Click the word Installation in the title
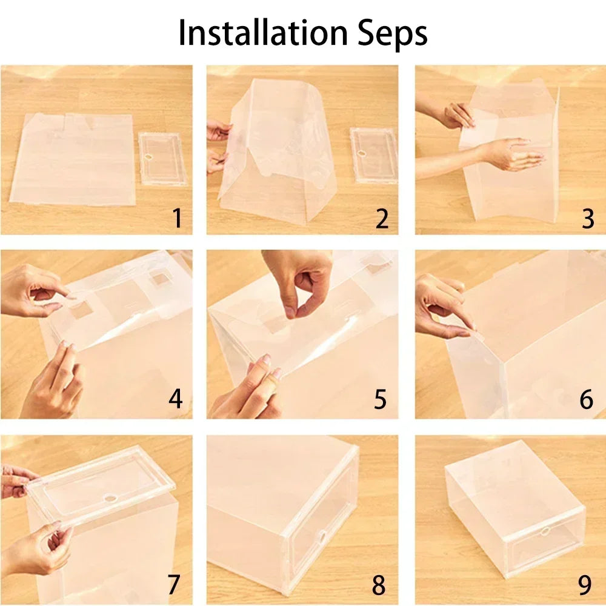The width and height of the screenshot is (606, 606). click(x=253, y=33)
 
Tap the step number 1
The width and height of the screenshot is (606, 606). click(x=176, y=218)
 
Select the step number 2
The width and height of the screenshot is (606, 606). click(x=382, y=218)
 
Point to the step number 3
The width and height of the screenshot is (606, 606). click(x=587, y=218)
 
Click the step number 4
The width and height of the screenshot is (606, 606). click(x=176, y=399)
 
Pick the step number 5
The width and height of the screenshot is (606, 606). click(x=381, y=399)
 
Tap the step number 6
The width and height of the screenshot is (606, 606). click(x=586, y=399)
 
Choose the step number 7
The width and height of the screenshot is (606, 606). click(x=174, y=584)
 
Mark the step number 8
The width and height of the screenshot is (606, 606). click(x=379, y=584)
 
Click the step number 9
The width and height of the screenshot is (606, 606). click(x=584, y=584)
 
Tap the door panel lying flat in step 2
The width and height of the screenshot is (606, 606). click(x=373, y=155)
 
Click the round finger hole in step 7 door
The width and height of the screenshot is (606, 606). click(x=112, y=498)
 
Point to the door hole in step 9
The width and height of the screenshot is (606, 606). click(x=545, y=531)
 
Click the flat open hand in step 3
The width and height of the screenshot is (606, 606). click(x=512, y=155)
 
